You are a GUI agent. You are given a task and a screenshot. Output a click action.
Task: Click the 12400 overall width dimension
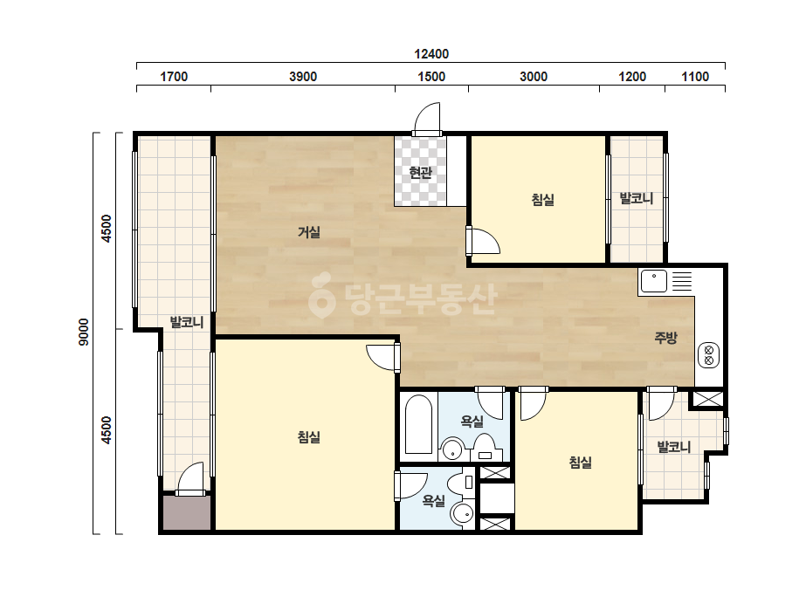point(431,53)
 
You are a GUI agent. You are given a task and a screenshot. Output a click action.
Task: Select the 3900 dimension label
point(303,77)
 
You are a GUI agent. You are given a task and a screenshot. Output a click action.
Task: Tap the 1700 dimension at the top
point(174,77)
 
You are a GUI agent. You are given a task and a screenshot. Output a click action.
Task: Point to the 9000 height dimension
point(83,332)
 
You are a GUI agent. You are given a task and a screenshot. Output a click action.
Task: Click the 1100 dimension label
point(695,77)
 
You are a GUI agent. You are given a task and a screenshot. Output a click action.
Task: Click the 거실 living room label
point(309,232)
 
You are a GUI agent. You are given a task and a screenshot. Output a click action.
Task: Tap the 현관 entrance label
point(421,172)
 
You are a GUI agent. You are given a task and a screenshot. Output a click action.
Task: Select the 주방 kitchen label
point(665,338)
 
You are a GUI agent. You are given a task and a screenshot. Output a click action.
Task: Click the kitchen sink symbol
point(654,281)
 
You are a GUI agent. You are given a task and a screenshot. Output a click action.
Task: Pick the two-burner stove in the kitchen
point(708,355)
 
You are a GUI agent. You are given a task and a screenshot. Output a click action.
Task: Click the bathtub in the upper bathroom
point(418,424)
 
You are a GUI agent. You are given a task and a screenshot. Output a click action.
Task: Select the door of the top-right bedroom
point(484,241)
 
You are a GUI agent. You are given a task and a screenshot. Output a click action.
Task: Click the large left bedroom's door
point(383,358)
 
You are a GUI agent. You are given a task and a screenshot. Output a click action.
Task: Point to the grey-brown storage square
point(187,513)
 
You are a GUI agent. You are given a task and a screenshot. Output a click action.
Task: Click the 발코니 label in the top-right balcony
point(637,198)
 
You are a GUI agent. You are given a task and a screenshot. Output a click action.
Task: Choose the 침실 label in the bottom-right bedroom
point(580,463)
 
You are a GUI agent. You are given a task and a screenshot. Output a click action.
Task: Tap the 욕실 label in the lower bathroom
point(433,500)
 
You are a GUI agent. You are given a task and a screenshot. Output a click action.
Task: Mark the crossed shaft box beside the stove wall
point(707,400)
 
